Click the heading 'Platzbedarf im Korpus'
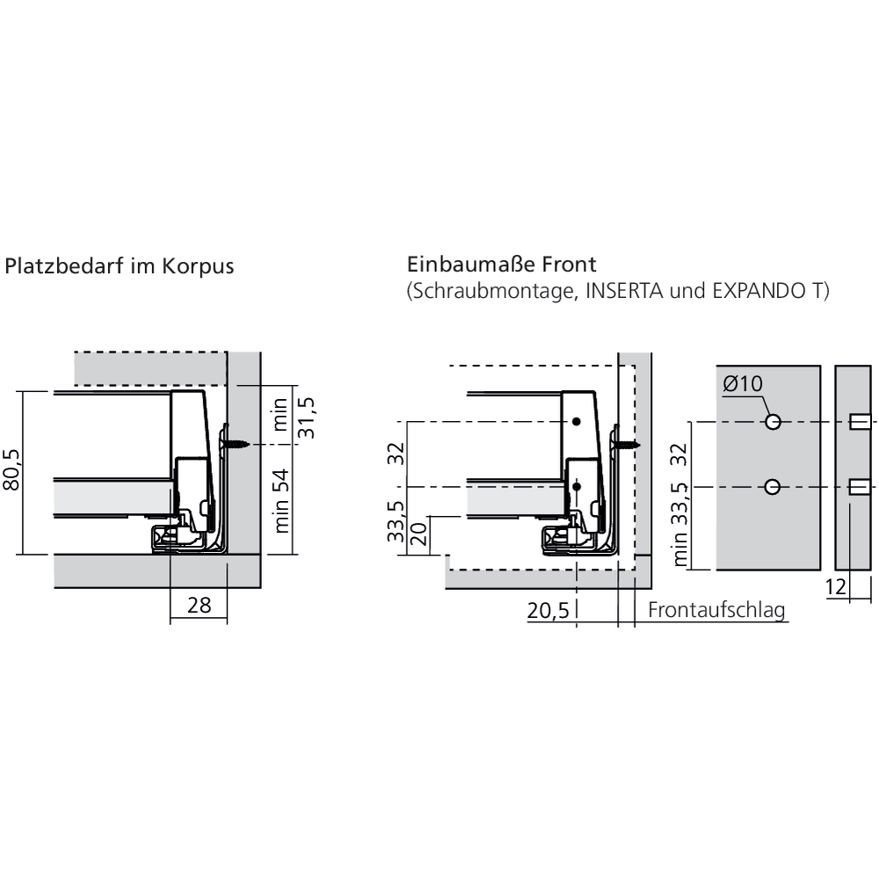click(x=120, y=266)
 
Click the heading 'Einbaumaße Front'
click(x=502, y=264)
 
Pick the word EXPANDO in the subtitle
click(x=752, y=292)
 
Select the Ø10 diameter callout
click(x=743, y=385)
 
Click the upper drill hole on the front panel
click(x=773, y=422)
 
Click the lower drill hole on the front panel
click(x=773, y=486)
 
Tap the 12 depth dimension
click(x=839, y=588)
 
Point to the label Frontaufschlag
click(x=716, y=610)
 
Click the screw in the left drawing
click(x=236, y=445)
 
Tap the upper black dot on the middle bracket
click(x=576, y=423)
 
